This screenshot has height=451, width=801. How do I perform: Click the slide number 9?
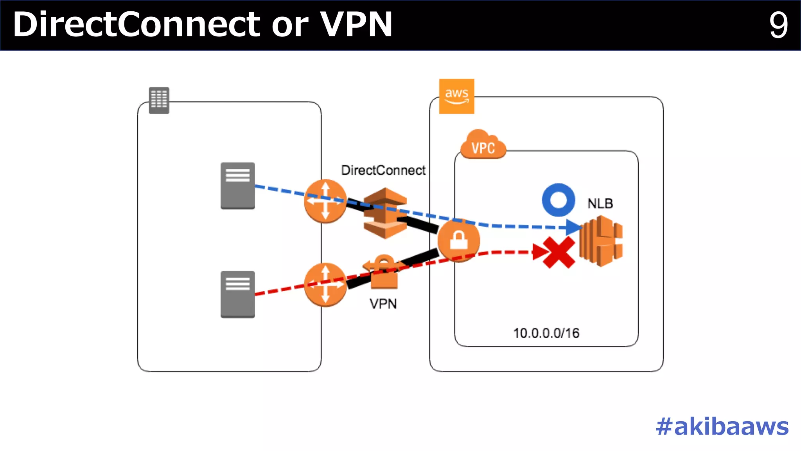point(778,25)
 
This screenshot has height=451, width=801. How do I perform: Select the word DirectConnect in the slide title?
point(136,25)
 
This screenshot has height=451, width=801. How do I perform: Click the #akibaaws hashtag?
point(722,426)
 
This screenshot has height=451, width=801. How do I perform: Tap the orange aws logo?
point(456,96)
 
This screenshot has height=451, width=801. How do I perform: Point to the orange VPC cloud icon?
point(483,145)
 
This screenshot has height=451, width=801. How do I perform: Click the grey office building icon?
point(159,101)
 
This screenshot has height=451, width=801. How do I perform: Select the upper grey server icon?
point(237,186)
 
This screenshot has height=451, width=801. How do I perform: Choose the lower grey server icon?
point(237,294)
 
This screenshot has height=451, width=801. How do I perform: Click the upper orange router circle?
point(325,201)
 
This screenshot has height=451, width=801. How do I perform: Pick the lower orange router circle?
point(325,285)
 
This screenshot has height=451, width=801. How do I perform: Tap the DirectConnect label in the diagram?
point(383,170)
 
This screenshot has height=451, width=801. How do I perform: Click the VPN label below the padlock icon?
point(383,304)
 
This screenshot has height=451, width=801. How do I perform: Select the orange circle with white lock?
point(458,240)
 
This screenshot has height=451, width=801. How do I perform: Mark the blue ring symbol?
point(559,200)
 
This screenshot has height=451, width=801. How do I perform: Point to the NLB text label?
point(600,204)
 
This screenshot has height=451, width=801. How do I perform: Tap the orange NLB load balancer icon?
point(601,241)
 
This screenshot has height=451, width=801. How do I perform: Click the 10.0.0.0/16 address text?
point(546,333)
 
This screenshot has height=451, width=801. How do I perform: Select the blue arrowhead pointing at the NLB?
point(573,227)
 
